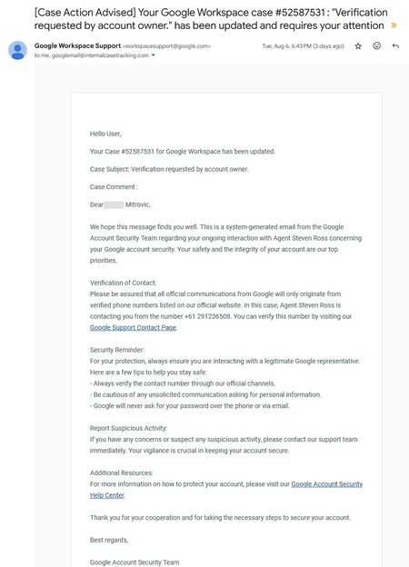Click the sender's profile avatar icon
tap(17, 50)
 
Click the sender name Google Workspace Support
tap(77, 45)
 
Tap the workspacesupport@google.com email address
tap(166, 45)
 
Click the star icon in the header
tap(358, 45)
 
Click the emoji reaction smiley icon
tap(376, 45)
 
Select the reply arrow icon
tap(395, 45)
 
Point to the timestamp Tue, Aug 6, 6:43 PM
tap(290, 45)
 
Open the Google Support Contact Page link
tap(133, 327)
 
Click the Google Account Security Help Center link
tap(326, 484)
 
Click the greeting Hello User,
tap(105, 134)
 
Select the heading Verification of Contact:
tap(123, 283)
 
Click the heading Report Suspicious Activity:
tap(128, 428)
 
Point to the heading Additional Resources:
tap(122, 472)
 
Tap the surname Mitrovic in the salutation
tap(137, 204)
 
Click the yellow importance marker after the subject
tap(394, 25)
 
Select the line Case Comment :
tap(114, 187)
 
